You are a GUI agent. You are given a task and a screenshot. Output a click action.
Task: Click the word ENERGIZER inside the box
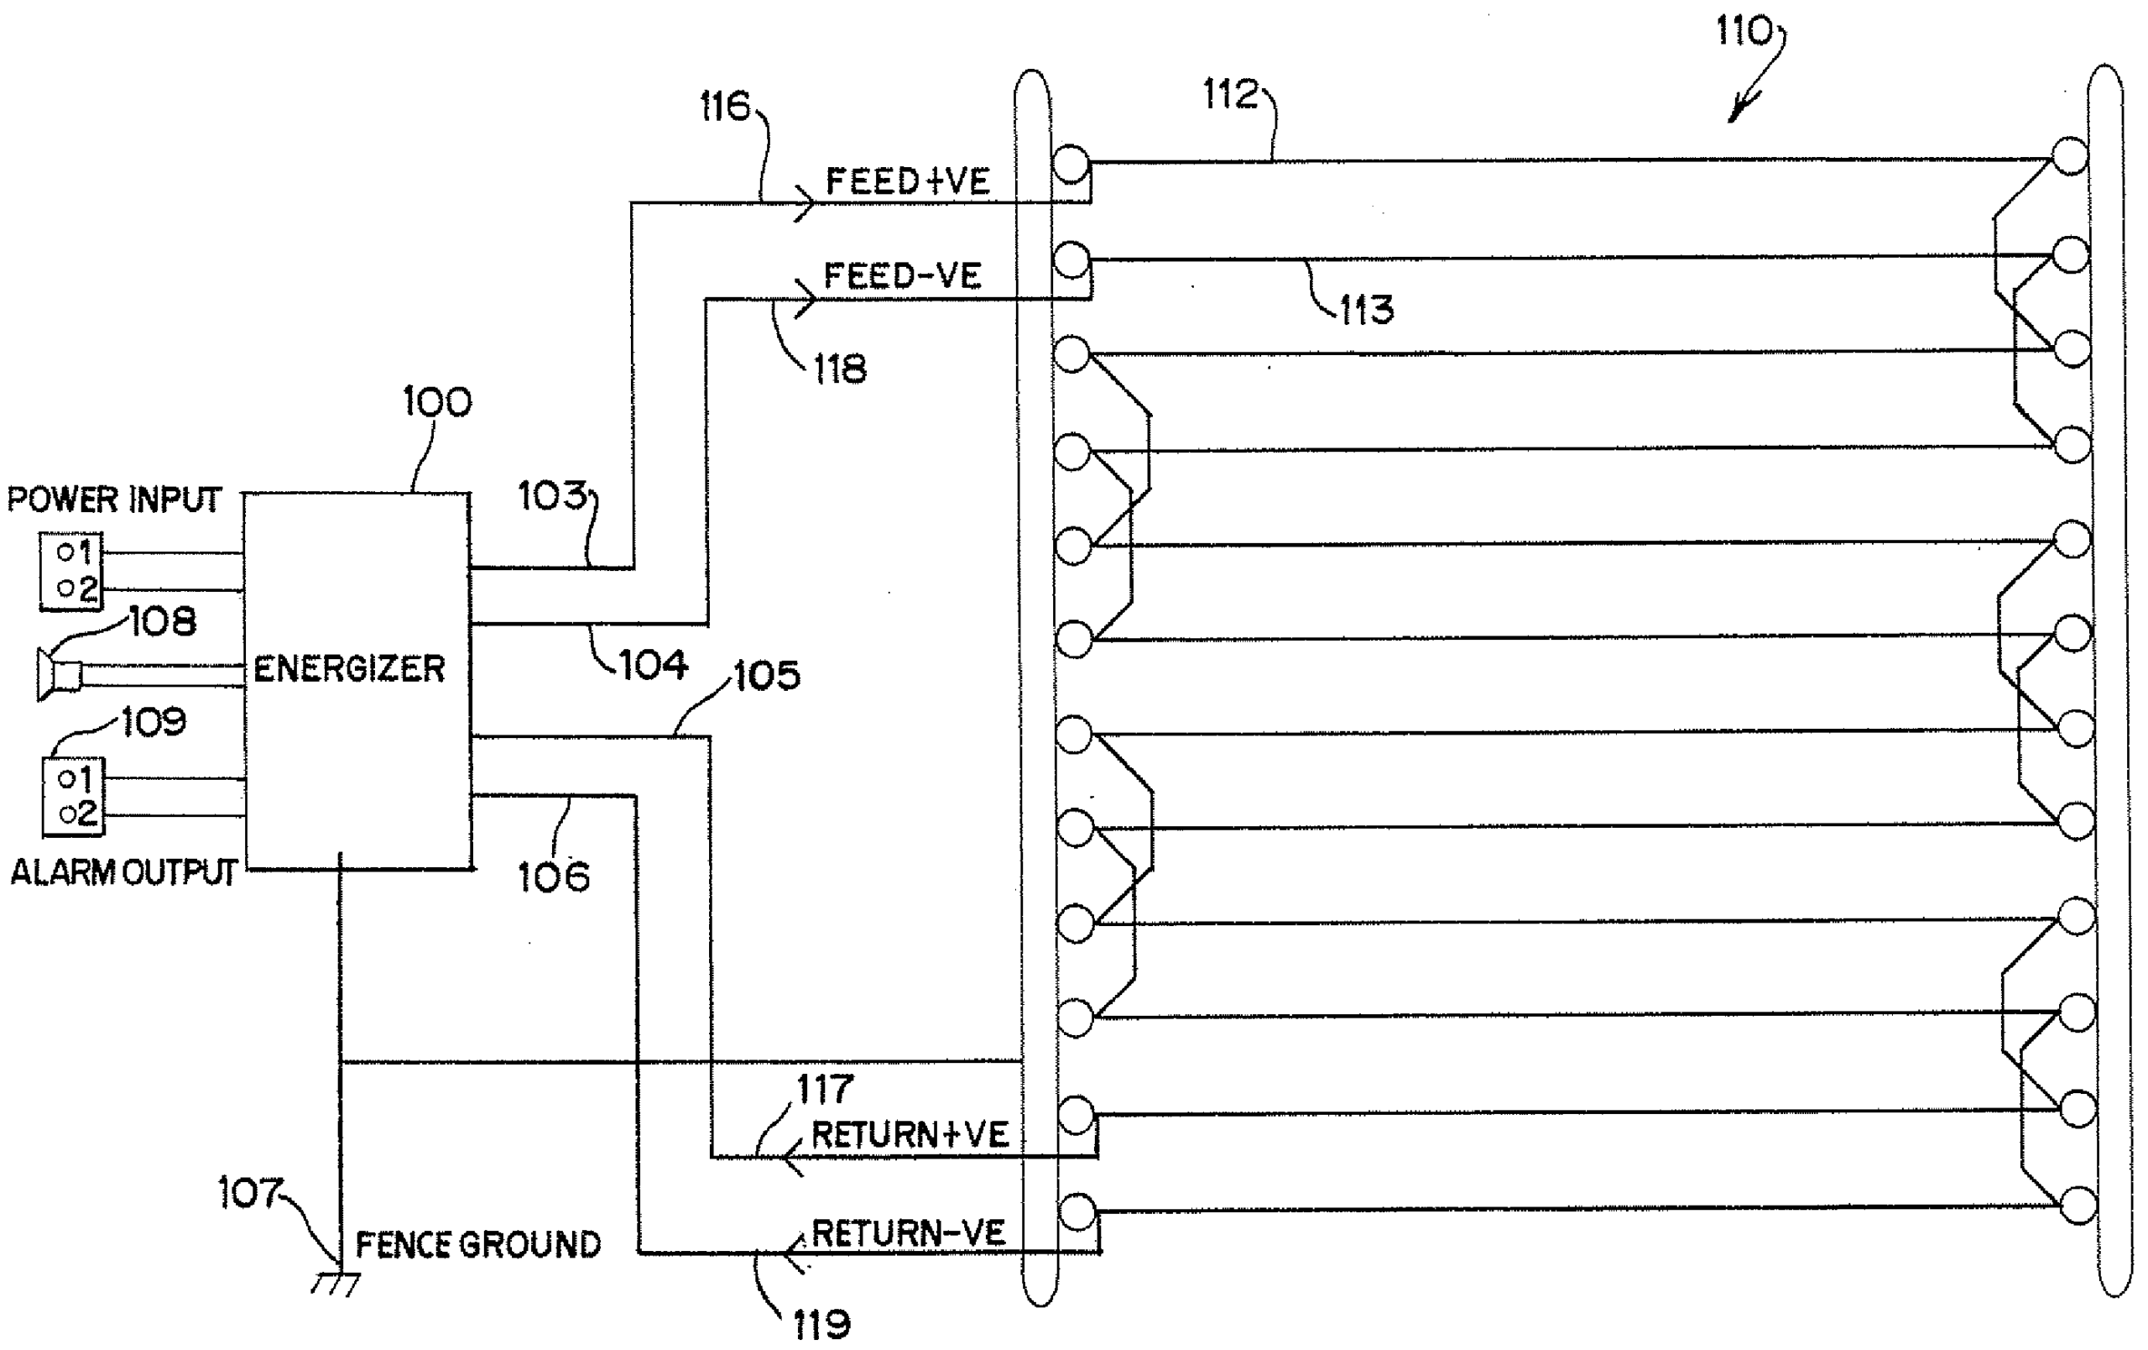tap(349, 668)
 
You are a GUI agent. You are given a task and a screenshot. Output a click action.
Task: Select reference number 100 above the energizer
tap(437, 401)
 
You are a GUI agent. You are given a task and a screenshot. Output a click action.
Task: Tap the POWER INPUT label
tap(114, 500)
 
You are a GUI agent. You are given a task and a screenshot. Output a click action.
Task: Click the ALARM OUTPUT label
tap(123, 871)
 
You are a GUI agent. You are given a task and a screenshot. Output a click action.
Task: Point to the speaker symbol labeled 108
tap(59, 674)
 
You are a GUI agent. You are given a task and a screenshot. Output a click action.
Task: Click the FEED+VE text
tap(907, 181)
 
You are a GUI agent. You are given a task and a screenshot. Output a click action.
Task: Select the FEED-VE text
tap(902, 275)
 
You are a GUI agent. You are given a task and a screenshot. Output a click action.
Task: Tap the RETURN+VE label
tap(910, 1135)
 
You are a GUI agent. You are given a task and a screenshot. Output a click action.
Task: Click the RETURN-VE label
tap(908, 1233)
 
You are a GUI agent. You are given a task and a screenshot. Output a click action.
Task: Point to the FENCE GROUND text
tap(478, 1245)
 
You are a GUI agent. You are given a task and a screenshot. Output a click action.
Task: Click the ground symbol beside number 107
tap(336, 1283)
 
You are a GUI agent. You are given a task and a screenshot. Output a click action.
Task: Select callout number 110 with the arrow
tap(1744, 32)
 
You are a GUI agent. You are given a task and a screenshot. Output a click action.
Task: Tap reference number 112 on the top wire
tap(1230, 94)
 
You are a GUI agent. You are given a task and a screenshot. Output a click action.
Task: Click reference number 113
tap(1367, 310)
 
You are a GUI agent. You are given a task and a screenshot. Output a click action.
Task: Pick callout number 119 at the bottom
tap(821, 1326)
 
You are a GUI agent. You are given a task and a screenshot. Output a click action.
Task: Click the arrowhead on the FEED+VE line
tap(805, 204)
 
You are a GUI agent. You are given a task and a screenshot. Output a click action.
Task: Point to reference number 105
tap(766, 676)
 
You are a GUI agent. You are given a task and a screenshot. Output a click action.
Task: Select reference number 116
tap(725, 107)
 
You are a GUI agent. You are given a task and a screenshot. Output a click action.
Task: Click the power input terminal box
tap(71, 571)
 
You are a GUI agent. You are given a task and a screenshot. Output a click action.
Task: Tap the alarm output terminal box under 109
tap(74, 796)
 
